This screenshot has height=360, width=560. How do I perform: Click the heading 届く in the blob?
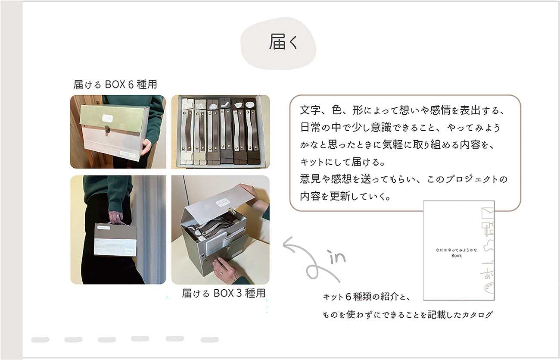point(283,42)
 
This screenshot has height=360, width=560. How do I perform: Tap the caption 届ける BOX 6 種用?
point(115,85)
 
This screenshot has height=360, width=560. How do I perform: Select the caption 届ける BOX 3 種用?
point(224,293)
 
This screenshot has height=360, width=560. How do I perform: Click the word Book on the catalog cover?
point(457,256)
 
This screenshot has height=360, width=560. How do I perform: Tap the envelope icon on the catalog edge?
point(488,213)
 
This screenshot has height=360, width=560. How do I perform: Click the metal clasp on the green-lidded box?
point(107,128)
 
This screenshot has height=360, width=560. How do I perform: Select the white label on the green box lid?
point(107,118)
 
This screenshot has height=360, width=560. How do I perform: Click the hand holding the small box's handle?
point(115,217)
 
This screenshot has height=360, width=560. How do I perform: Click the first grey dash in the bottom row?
point(40,339)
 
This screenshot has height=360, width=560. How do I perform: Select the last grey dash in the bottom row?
point(209,339)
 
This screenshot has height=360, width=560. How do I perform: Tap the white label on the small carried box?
point(103,228)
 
